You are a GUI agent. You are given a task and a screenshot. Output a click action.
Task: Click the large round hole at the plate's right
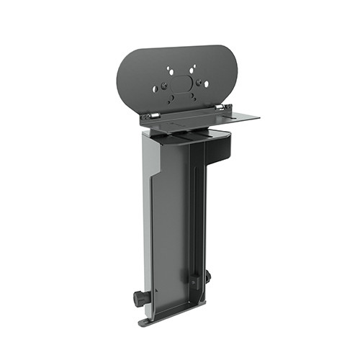[x=207, y=84]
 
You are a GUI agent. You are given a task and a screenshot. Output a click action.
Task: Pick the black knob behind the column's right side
[x=207, y=276]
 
